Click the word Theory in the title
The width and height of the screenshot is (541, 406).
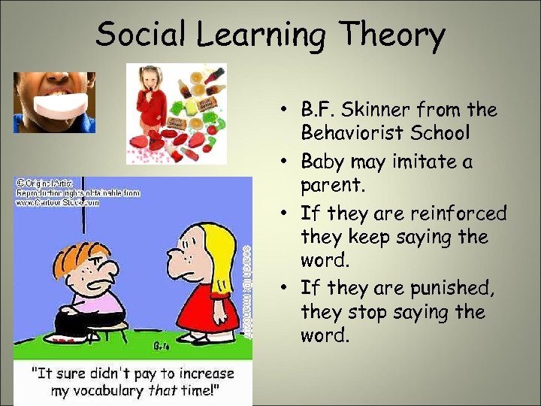pos(393,35)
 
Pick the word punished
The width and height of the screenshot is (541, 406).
pos(452,287)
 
